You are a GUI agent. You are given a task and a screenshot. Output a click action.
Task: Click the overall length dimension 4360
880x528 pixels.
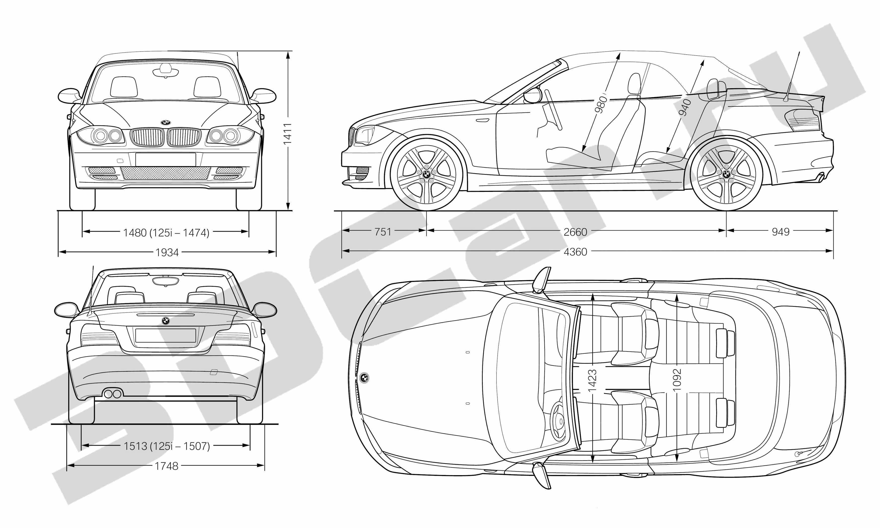click(x=575, y=252)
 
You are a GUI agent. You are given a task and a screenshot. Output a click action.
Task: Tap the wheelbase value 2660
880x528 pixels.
click(x=575, y=232)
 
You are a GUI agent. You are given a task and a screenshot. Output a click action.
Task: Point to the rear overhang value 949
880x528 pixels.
click(x=781, y=232)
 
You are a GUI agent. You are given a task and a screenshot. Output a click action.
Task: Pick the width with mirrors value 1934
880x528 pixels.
click(x=167, y=253)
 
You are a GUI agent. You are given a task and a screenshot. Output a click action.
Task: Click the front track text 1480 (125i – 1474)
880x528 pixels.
click(x=166, y=233)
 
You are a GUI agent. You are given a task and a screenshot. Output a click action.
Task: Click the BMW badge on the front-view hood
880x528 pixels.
click(x=166, y=122)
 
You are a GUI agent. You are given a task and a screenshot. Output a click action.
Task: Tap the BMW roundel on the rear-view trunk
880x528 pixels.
click(x=166, y=321)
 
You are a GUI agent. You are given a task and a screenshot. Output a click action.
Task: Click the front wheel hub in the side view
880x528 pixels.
click(x=426, y=174)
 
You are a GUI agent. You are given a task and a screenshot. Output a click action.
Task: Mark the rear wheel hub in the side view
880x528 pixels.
click(x=726, y=174)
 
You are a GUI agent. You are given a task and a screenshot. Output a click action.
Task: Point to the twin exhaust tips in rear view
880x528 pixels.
click(x=112, y=394)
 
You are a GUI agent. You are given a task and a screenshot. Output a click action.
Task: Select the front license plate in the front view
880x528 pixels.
click(x=165, y=159)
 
